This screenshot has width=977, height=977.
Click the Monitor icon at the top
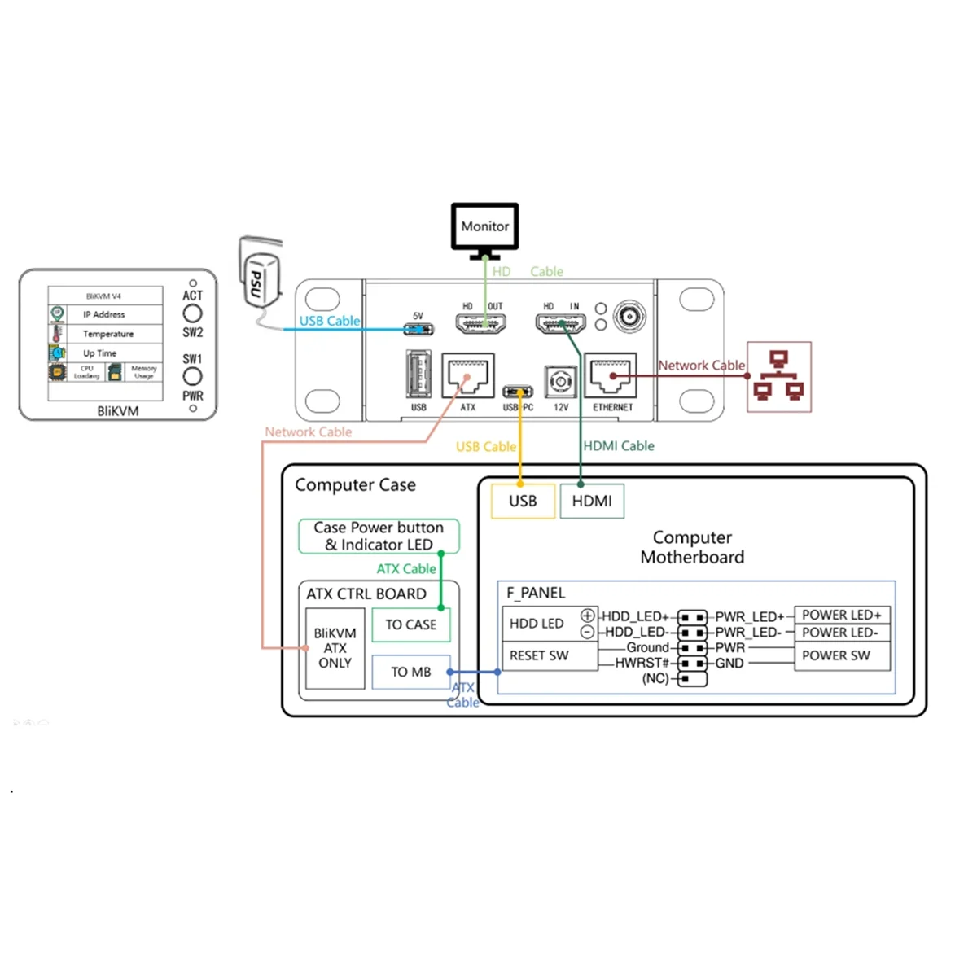coord(485,228)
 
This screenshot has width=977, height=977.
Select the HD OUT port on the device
coord(481,324)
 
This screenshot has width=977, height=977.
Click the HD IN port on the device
coord(561,324)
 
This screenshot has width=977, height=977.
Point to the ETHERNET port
coord(611,375)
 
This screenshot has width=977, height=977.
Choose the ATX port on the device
coord(467,375)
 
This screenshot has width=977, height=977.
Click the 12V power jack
coord(560,381)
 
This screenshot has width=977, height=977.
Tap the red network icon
coord(779,376)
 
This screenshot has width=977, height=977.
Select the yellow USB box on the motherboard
coord(523,501)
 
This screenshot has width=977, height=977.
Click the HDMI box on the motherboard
coord(592,501)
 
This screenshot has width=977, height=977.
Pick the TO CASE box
coord(410,624)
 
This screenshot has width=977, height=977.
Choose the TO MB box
coord(410,672)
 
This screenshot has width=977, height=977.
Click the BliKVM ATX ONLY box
coord(335,648)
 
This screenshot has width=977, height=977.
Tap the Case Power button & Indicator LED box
coord(379,537)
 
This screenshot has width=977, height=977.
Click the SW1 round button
coord(192,376)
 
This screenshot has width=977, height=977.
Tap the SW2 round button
coord(192,313)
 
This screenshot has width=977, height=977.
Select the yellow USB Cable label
coord(485,447)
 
